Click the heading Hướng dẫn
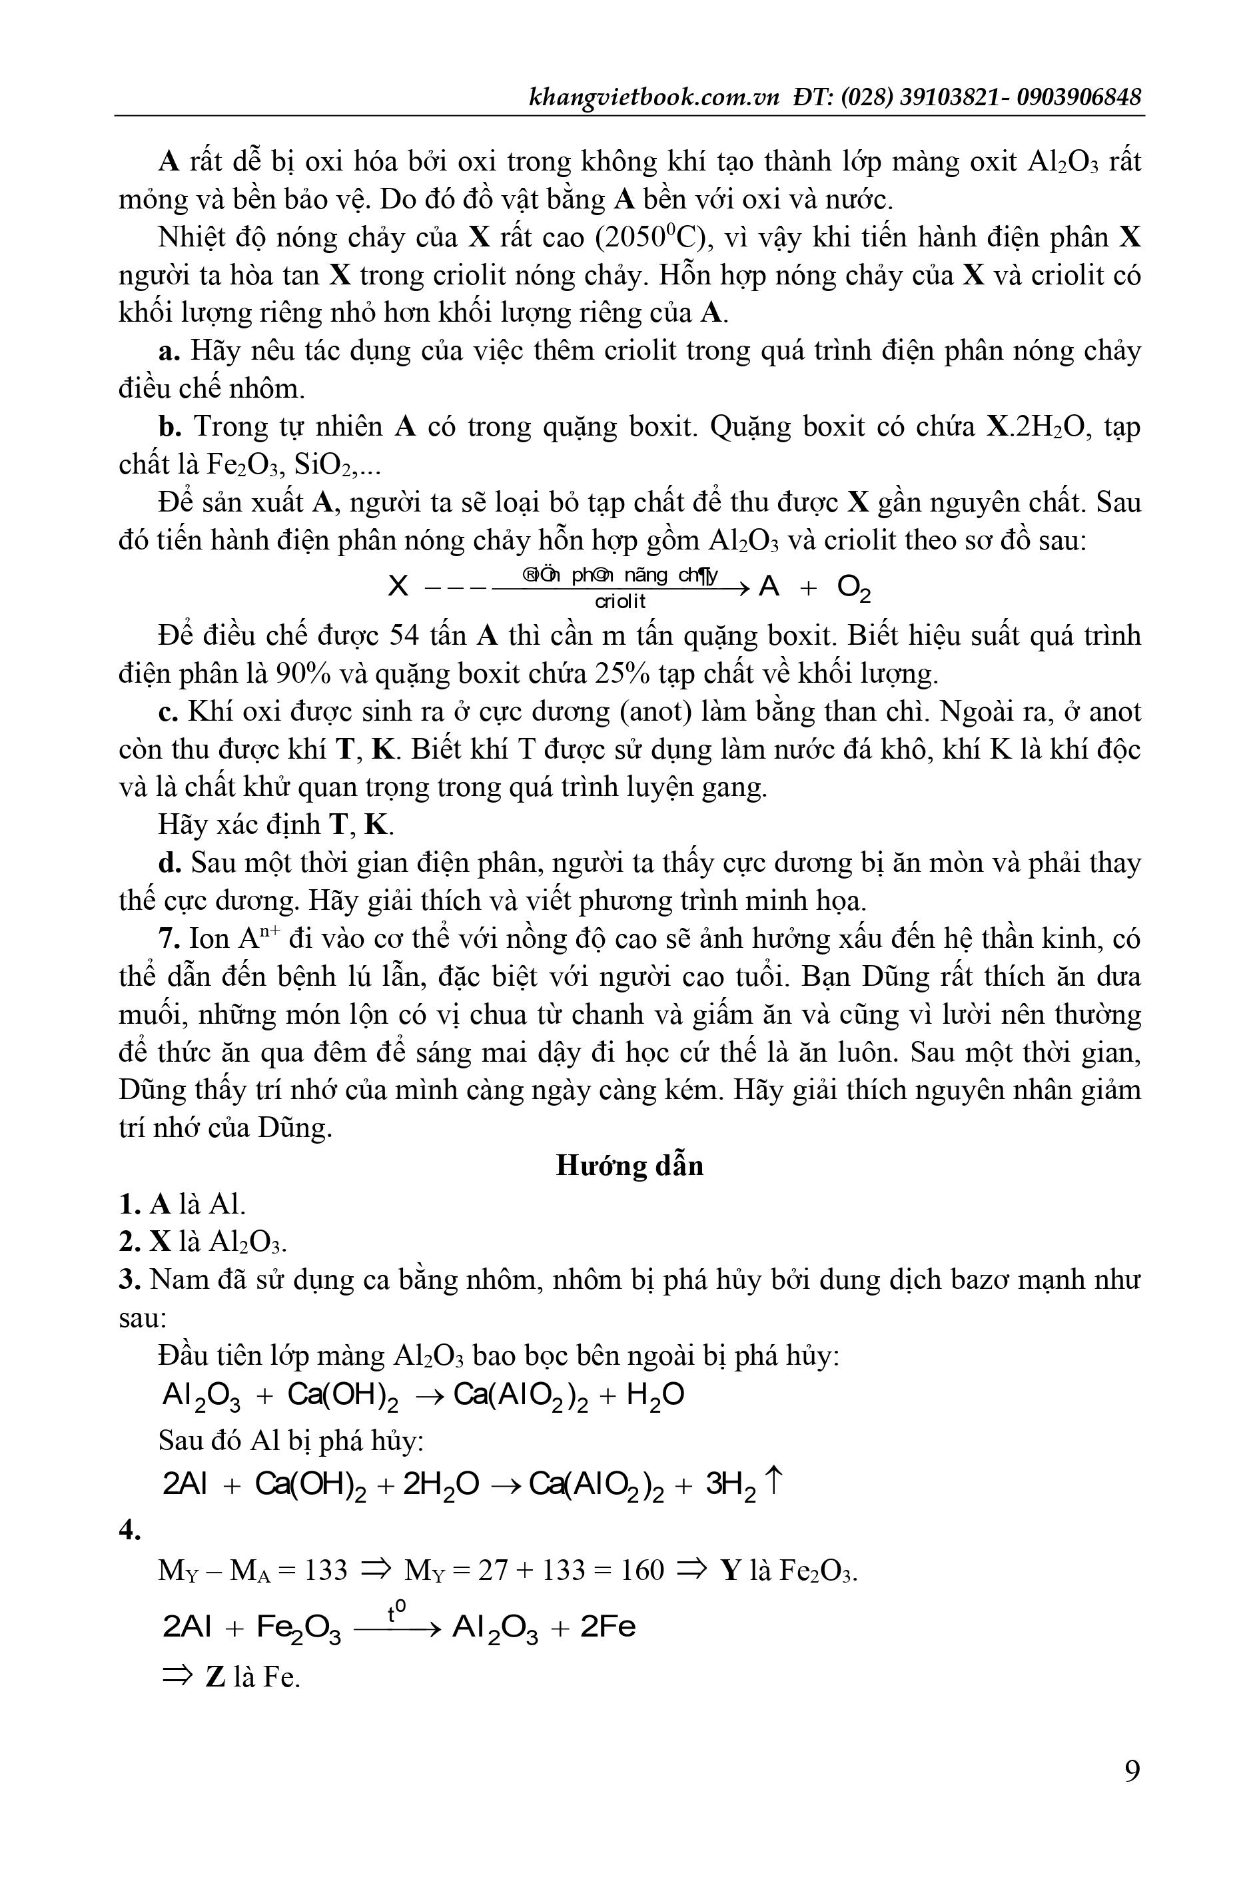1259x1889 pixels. click(x=629, y=1165)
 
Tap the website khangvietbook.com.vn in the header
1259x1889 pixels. click(x=654, y=97)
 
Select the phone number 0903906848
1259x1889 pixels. click(x=1078, y=97)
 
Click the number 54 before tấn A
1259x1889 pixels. click(x=406, y=635)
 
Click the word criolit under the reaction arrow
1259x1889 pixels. click(x=620, y=601)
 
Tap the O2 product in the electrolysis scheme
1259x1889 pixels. click(x=853, y=588)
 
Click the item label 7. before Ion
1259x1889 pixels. click(x=169, y=939)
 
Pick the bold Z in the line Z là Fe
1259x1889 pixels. click(x=214, y=1677)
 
